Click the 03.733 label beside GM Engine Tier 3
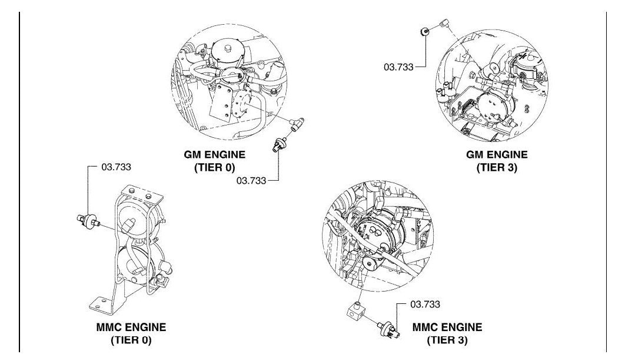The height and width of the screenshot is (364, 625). pyautogui.click(x=398, y=67)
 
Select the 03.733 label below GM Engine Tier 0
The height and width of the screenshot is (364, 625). pyautogui.click(x=251, y=180)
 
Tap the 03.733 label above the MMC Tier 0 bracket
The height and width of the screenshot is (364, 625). pyautogui.click(x=116, y=167)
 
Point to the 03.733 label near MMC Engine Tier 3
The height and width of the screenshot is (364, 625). pyautogui.click(x=425, y=304)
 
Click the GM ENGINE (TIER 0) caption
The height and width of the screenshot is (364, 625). pyautogui.click(x=214, y=160)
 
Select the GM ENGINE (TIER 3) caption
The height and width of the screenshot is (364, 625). pyautogui.click(x=497, y=160)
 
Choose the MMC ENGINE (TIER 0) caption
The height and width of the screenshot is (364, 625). pyautogui.click(x=131, y=333)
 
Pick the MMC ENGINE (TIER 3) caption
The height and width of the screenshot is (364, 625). pyautogui.click(x=447, y=333)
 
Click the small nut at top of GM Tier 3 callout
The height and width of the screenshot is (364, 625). pyautogui.click(x=425, y=31)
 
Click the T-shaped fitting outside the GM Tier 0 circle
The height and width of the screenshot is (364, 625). pyautogui.click(x=296, y=123)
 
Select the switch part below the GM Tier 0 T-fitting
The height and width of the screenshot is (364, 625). pyautogui.click(x=279, y=144)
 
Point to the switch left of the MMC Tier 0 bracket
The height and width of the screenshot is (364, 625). pyautogui.click(x=88, y=221)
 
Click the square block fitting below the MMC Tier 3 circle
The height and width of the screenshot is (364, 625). pyautogui.click(x=356, y=311)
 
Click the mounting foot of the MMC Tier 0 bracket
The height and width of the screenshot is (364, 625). pyautogui.click(x=102, y=305)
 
